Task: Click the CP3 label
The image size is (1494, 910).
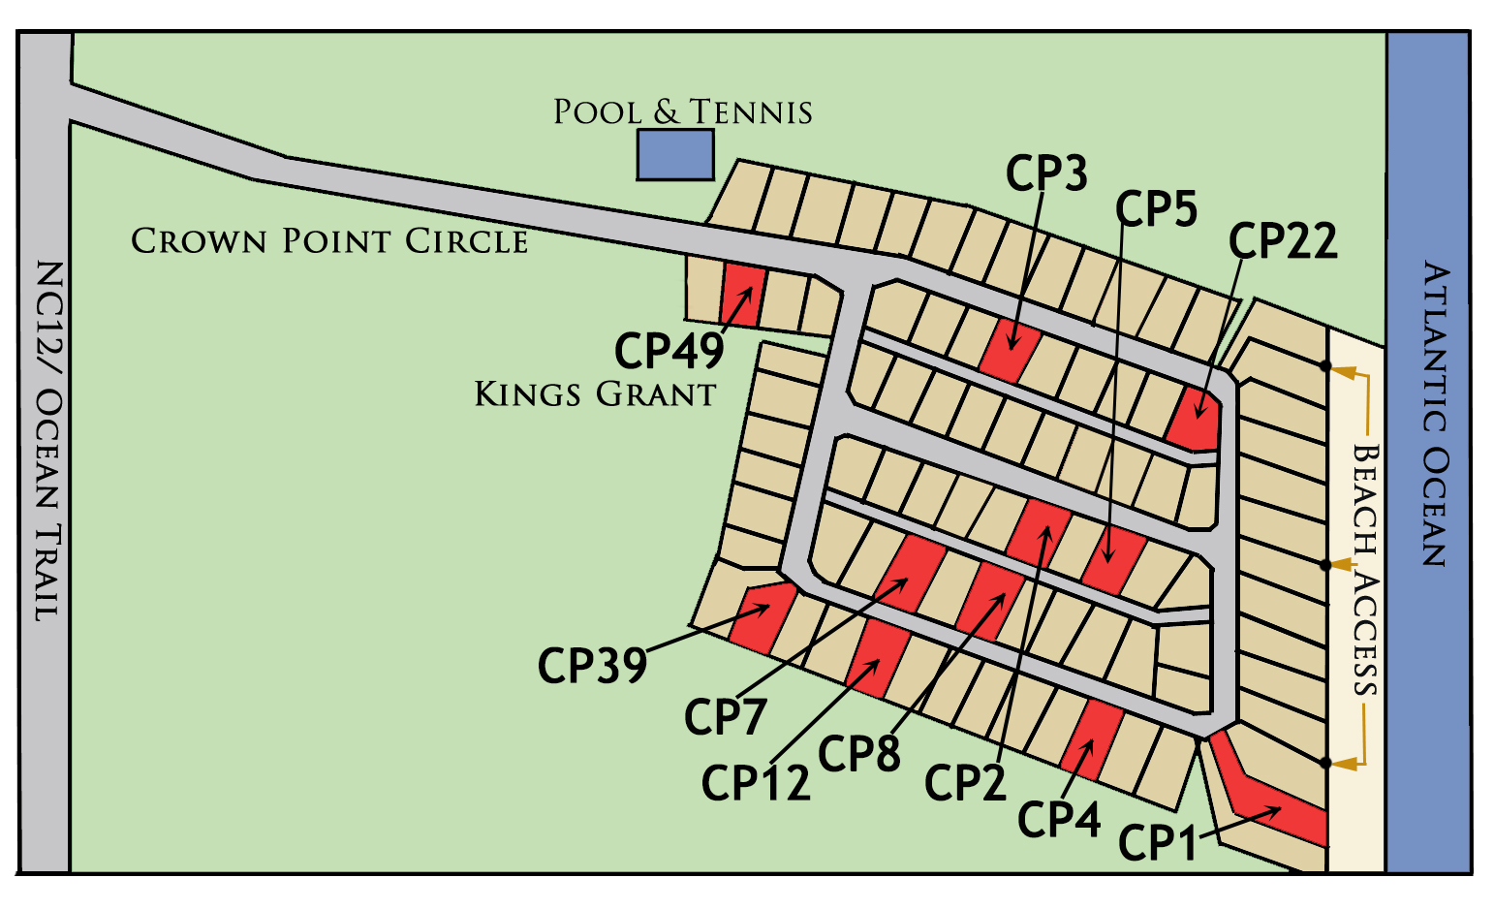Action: [x=1045, y=173]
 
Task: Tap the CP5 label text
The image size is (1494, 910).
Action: [x=1156, y=208]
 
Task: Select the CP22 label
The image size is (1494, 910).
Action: [x=1283, y=241]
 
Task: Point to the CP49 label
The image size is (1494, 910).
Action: [x=669, y=351]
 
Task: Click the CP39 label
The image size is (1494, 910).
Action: [x=592, y=666]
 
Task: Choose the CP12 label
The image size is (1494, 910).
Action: [x=755, y=783]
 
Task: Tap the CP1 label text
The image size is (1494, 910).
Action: [x=1158, y=843]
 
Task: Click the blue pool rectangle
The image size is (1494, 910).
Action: [x=675, y=155]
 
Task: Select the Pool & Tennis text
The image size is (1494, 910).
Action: [x=682, y=112]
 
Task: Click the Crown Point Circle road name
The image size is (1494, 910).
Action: [x=329, y=240]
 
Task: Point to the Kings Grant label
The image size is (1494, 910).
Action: [x=595, y=394]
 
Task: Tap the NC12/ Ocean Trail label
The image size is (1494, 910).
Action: [x=47, y=441]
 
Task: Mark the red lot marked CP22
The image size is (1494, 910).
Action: [x=1196, y=417]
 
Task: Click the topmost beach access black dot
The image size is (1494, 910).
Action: [x=1325, y=366]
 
